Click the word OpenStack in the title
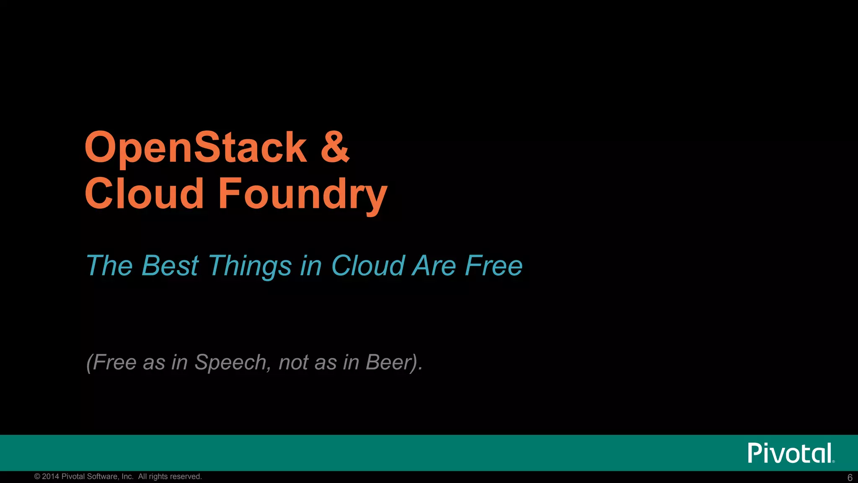tap(196, 148)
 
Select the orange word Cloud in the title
tap(144, 193)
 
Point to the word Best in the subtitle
tap(170, 266)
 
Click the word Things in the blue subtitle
tap(250, 267)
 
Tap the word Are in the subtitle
tap(434, 266)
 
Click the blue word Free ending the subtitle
tap(494, 266)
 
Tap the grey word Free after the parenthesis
tap(114, 363)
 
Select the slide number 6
tap(850, 478)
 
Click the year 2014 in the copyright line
tap(51, 477)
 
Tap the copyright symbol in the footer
tap(37, 477)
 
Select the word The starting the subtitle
tap(109, 266)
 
